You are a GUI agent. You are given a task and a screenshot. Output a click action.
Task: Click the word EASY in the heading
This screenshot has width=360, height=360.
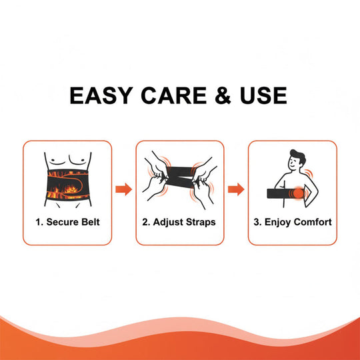click(x=101, y=95)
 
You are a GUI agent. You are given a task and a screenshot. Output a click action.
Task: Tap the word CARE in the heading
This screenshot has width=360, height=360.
click(x=173, y=95)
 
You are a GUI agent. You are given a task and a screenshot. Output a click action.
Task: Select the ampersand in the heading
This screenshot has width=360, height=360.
click(x=223, y=95)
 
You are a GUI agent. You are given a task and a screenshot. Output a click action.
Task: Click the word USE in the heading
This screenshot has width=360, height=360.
click(x=263, y=95)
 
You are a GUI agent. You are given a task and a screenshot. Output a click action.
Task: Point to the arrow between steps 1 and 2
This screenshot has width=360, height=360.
click(x=124, y=189)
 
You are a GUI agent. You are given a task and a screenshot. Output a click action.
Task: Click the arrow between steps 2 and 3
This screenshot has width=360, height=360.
click(x=236, y=189)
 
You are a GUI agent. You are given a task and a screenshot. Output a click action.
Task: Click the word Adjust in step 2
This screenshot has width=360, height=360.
click(x=168, y=222)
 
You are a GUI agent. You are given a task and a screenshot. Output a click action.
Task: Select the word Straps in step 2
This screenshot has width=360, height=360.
click(x=201, y=222)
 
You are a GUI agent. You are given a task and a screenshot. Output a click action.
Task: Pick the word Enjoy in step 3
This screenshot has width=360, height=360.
click(x=278, y=222)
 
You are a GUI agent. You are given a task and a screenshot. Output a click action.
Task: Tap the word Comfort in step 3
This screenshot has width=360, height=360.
click(x=313, y=222)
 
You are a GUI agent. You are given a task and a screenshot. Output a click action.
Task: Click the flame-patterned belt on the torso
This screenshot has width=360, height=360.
click(x=67, y=185)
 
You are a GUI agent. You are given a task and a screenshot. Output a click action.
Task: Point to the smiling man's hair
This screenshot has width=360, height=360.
click(x=299, y=155)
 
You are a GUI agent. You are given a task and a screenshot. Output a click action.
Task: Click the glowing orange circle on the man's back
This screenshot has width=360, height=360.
click(x=299, y=193)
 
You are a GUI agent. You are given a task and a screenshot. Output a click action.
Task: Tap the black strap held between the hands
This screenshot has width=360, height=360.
click(x=180, y=177)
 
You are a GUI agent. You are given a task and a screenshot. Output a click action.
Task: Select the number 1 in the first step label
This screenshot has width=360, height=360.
click(x=39, y=222)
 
